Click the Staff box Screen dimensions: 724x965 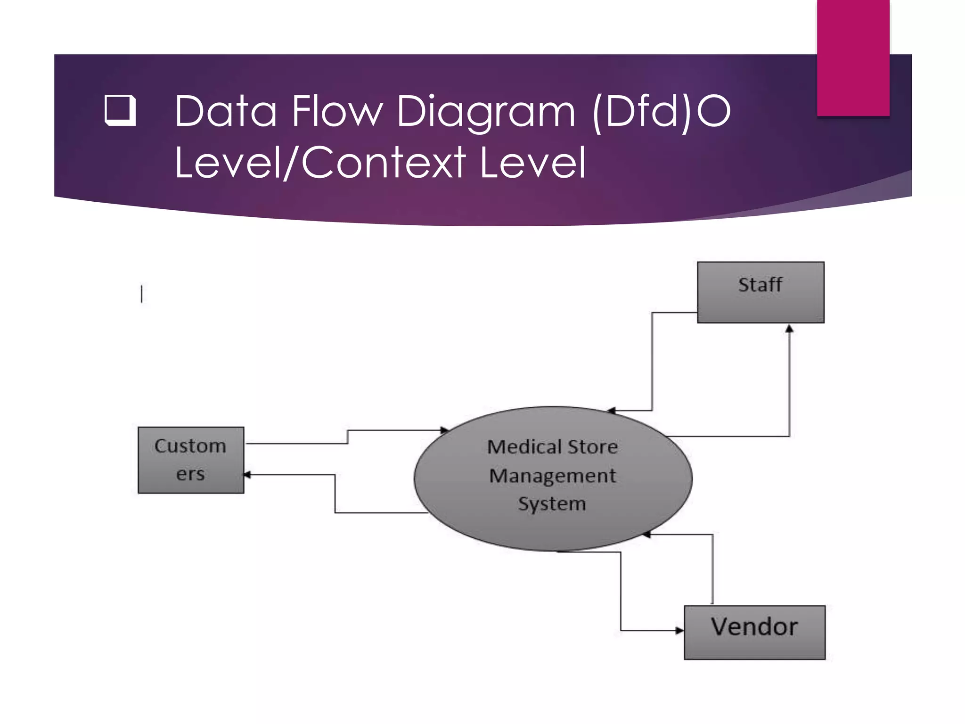pyautogui.click(x=761, y=292)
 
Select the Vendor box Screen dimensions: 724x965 pyautogui.click(x=754, y=632)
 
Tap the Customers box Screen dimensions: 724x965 pyautogui.click(x=191, y=460)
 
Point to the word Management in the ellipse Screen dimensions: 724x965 pyautogui.click(x=552, y=476)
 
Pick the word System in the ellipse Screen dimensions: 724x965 pyautogui.click(x=552, y=504)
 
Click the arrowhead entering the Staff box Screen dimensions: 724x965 pyautogui.click(x=789, y=329)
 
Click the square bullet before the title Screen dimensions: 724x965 pyautogui.click(x=120, y=110)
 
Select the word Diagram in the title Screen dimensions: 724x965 pyautogui.click(x=486, y=111)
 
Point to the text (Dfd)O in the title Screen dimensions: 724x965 pyautogui.click(x=661, y=111)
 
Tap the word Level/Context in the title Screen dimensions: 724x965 pyautogui.click(x=320, y=162)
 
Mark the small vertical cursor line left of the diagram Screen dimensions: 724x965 pyautogui.click(x=141, y=294)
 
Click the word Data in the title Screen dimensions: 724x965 pyautogui.click(x=225, y=111)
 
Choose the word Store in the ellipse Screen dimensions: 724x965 pyautogui.click(x=592, y=447)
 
